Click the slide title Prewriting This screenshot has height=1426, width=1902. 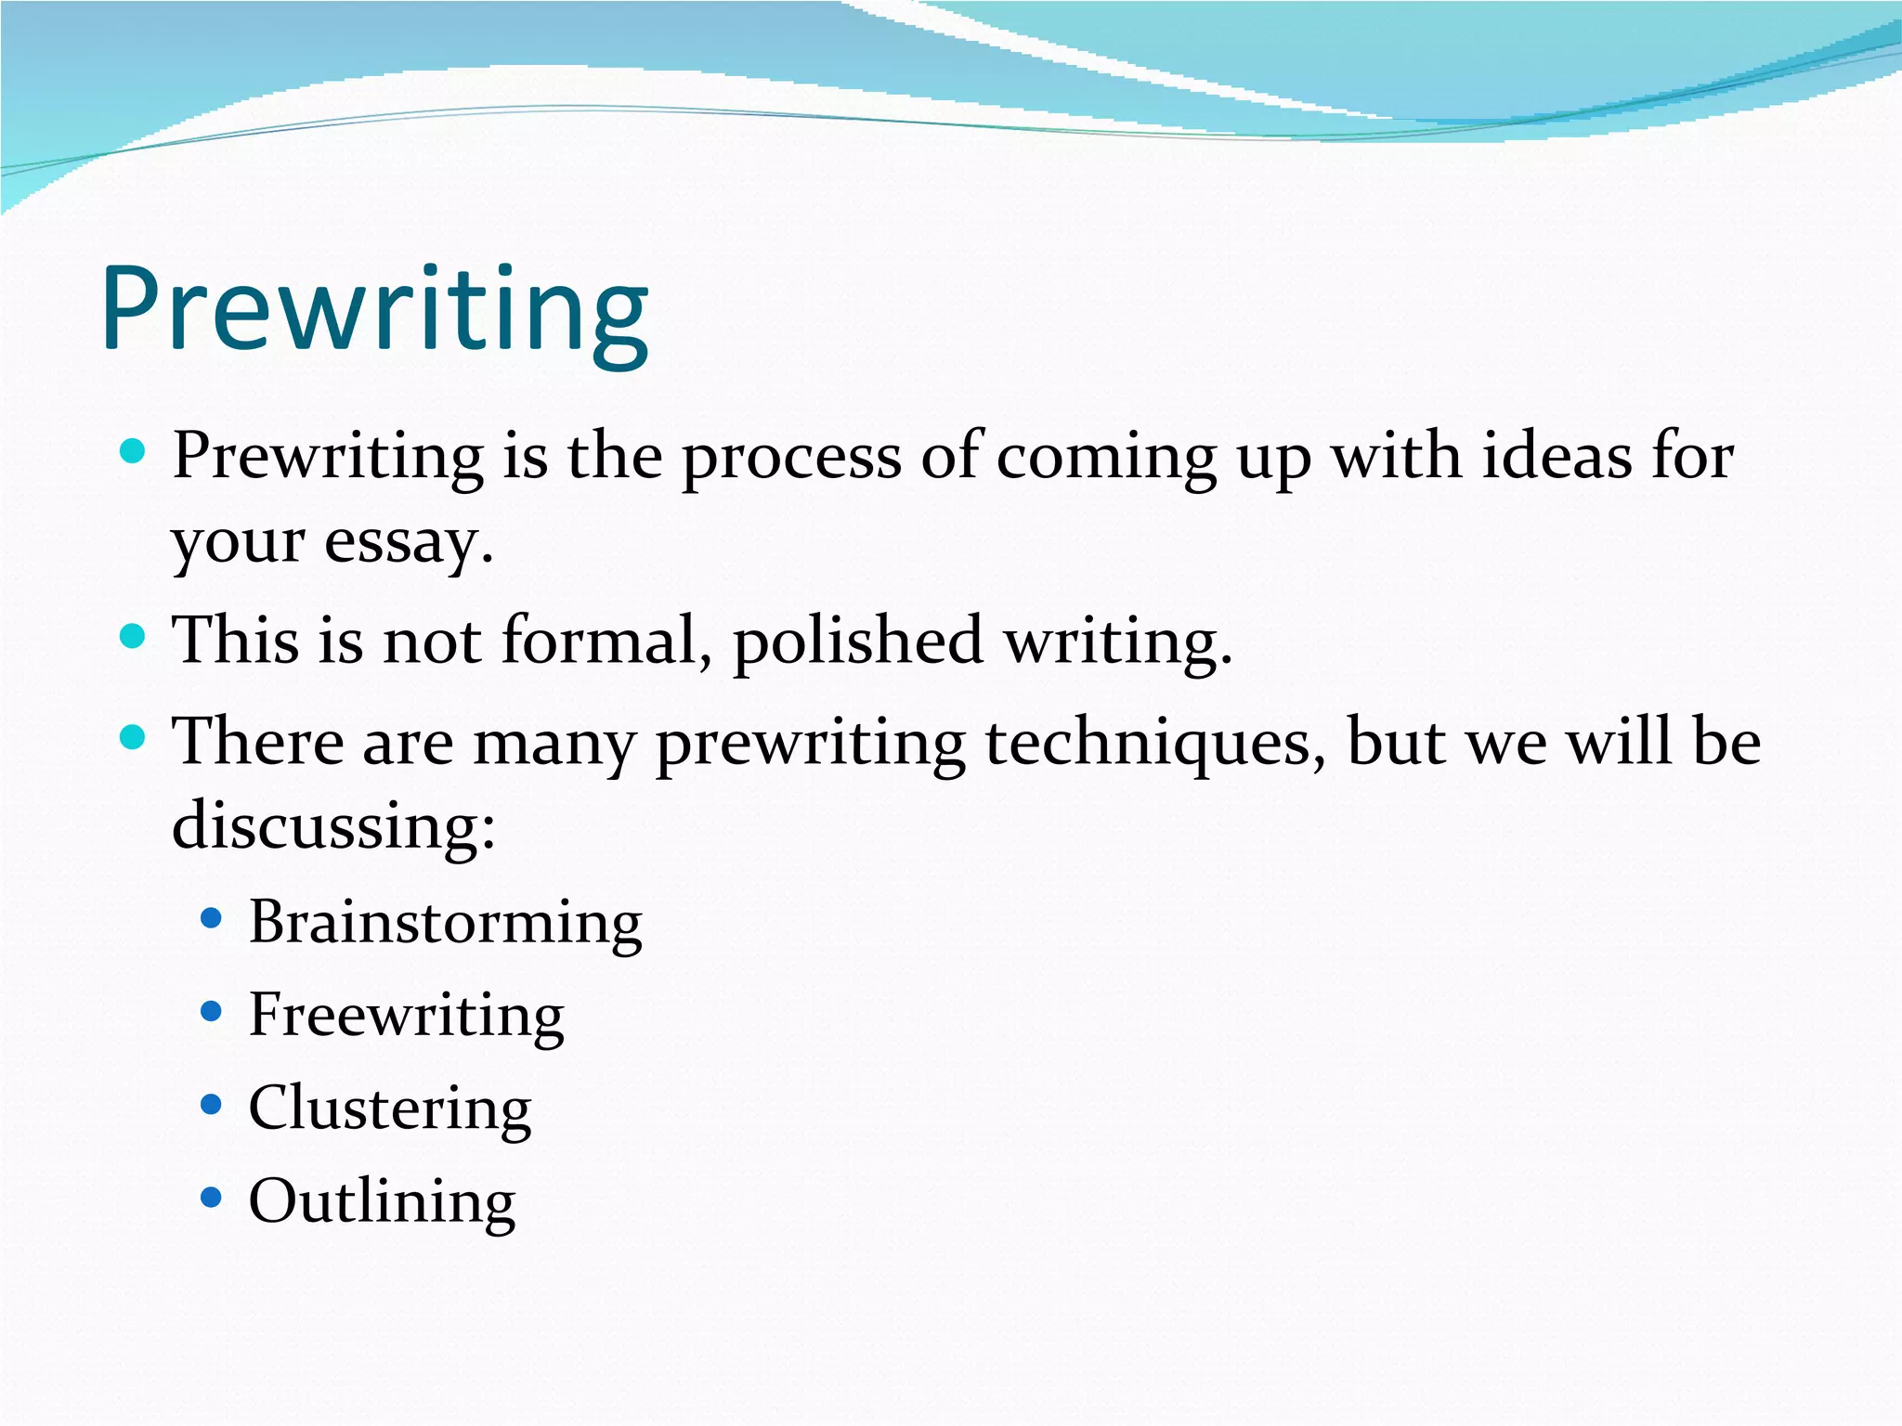tap(375, 309)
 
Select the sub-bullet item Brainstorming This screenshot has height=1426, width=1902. tap(445, 923)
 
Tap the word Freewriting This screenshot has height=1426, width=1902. tap(406, 1015)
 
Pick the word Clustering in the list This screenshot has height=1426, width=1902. tap(390, 1108)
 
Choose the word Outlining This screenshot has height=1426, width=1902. tap(382, 1201)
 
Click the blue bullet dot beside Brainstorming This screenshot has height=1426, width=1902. tap(212, 919)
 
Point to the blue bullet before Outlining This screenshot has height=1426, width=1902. tap(212, 1198)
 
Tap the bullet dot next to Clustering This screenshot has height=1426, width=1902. tap(212, 1105)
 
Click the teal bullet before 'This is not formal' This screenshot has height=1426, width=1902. tap(134, 636)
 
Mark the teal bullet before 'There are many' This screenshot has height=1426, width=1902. tap(134, 738)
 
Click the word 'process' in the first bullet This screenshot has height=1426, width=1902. tap(791, 458)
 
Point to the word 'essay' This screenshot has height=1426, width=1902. tap(407, 541)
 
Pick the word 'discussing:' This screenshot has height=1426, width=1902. tap(333, 825)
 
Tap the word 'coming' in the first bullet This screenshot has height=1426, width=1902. tap(1106, 458)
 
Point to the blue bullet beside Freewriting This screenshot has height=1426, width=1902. tap(212, 1011)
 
